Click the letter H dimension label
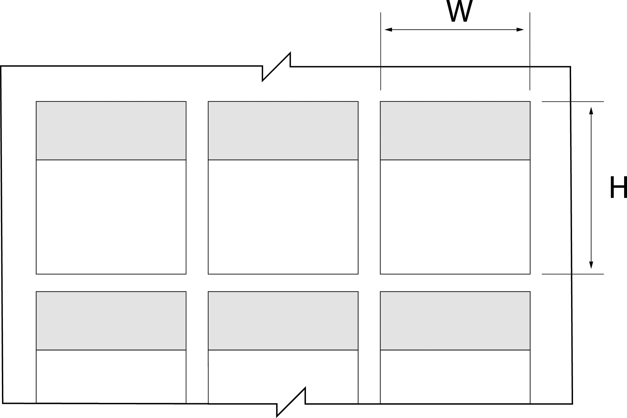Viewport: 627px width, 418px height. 618,188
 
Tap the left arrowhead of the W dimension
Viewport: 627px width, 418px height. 389,30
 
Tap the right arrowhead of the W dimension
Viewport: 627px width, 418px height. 520,30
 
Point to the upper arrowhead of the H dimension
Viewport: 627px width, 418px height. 591,111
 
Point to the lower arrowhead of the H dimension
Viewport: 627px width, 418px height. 591,265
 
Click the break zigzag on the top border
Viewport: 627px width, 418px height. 276,67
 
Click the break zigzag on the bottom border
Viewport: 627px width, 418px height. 291,402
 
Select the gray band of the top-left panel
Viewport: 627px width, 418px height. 111,130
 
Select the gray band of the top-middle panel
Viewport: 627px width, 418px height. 283,130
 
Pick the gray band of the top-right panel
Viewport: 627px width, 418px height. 455,130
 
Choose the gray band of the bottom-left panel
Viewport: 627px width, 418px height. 111,321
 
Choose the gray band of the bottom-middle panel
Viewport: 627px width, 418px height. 283,321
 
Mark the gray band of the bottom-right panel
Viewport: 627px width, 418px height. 455,321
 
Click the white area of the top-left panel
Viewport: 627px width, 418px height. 111,217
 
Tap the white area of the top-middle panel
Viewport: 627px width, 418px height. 283,217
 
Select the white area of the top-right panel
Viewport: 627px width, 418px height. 455,217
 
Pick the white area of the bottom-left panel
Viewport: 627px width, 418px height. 111,377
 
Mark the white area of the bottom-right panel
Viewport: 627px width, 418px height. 455,377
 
